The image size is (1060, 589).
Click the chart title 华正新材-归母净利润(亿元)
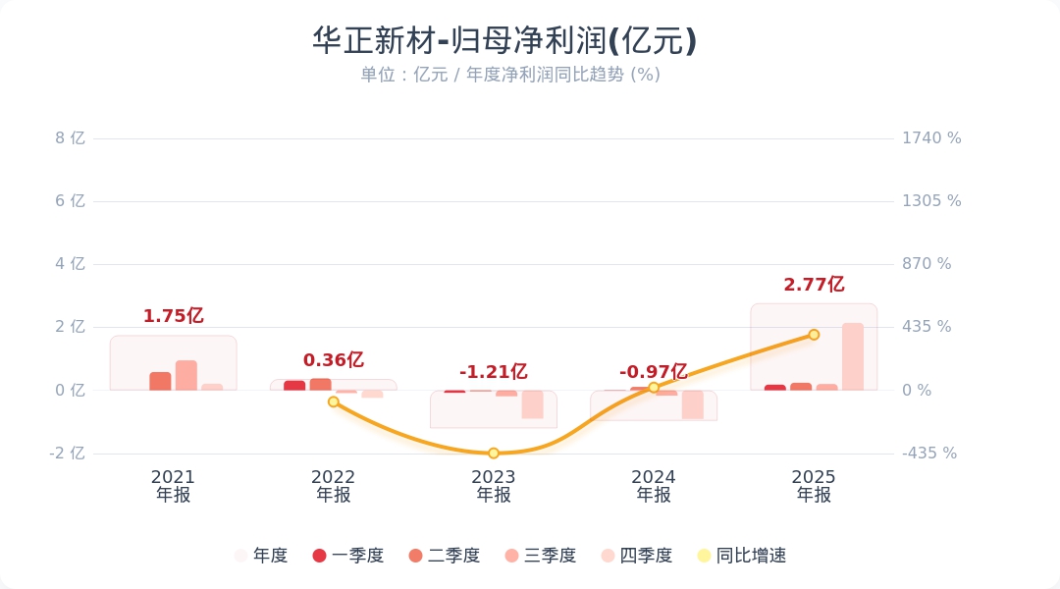[504, 41]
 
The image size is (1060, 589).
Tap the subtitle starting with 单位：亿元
[509, 75]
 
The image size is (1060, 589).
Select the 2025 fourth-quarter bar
[853, 356]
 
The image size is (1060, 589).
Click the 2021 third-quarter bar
[186, 375]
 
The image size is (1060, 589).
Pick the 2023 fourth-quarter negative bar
[532, 404]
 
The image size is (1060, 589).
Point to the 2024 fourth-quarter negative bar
[693, 404]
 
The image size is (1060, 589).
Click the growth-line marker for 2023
[494, 453]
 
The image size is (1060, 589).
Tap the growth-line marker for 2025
[814, 335]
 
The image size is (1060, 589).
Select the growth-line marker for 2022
[334, 402]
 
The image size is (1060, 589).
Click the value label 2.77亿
[814, 285]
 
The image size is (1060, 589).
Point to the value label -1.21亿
[494, 372]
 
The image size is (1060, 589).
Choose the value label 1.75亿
[173, 316]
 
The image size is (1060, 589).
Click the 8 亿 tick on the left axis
[71, 138]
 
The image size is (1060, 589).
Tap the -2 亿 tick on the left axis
[68, 454]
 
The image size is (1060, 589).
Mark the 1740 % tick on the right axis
[931, 138]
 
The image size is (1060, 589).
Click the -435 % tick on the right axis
[929, 454]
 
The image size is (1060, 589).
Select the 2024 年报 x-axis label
[654, 486]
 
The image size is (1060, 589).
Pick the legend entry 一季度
[348, 556]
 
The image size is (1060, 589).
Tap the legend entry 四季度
[637, 556]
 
